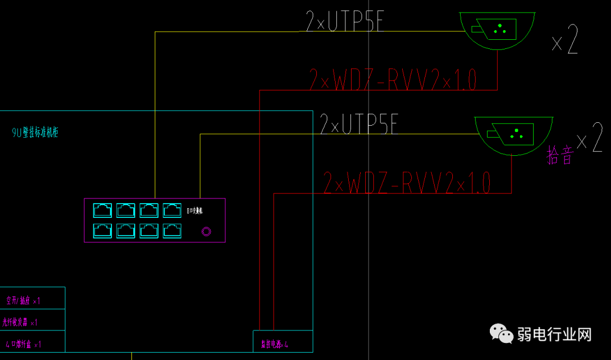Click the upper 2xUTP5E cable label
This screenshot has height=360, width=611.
tap(345, 21)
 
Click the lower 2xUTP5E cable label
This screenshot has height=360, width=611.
tap(359, 124)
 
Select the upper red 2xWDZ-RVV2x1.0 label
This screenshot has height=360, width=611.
tap(393, 80)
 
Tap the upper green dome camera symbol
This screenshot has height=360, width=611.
tap(497, 30)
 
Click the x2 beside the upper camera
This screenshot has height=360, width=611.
tap(565, 40)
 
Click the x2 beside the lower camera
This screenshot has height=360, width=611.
tap(589, 138)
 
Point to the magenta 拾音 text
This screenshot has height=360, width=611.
tap(560, 155)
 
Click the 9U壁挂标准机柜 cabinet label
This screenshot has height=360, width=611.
tap(35, 133)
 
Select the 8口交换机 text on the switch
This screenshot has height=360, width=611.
tap(195, 210)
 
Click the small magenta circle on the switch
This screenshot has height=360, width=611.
tap(207, 231)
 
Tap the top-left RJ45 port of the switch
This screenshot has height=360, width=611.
tap(102, 210)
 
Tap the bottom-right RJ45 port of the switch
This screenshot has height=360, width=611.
tap(172, 230)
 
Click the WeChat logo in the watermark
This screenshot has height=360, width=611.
tap(501, 334)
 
